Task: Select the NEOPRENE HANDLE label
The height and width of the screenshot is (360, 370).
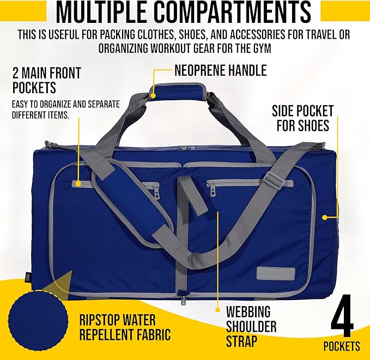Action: (220, 70)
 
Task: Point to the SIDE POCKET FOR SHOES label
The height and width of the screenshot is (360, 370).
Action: (301, 118)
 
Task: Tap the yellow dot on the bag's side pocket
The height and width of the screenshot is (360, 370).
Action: (324, 217)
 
